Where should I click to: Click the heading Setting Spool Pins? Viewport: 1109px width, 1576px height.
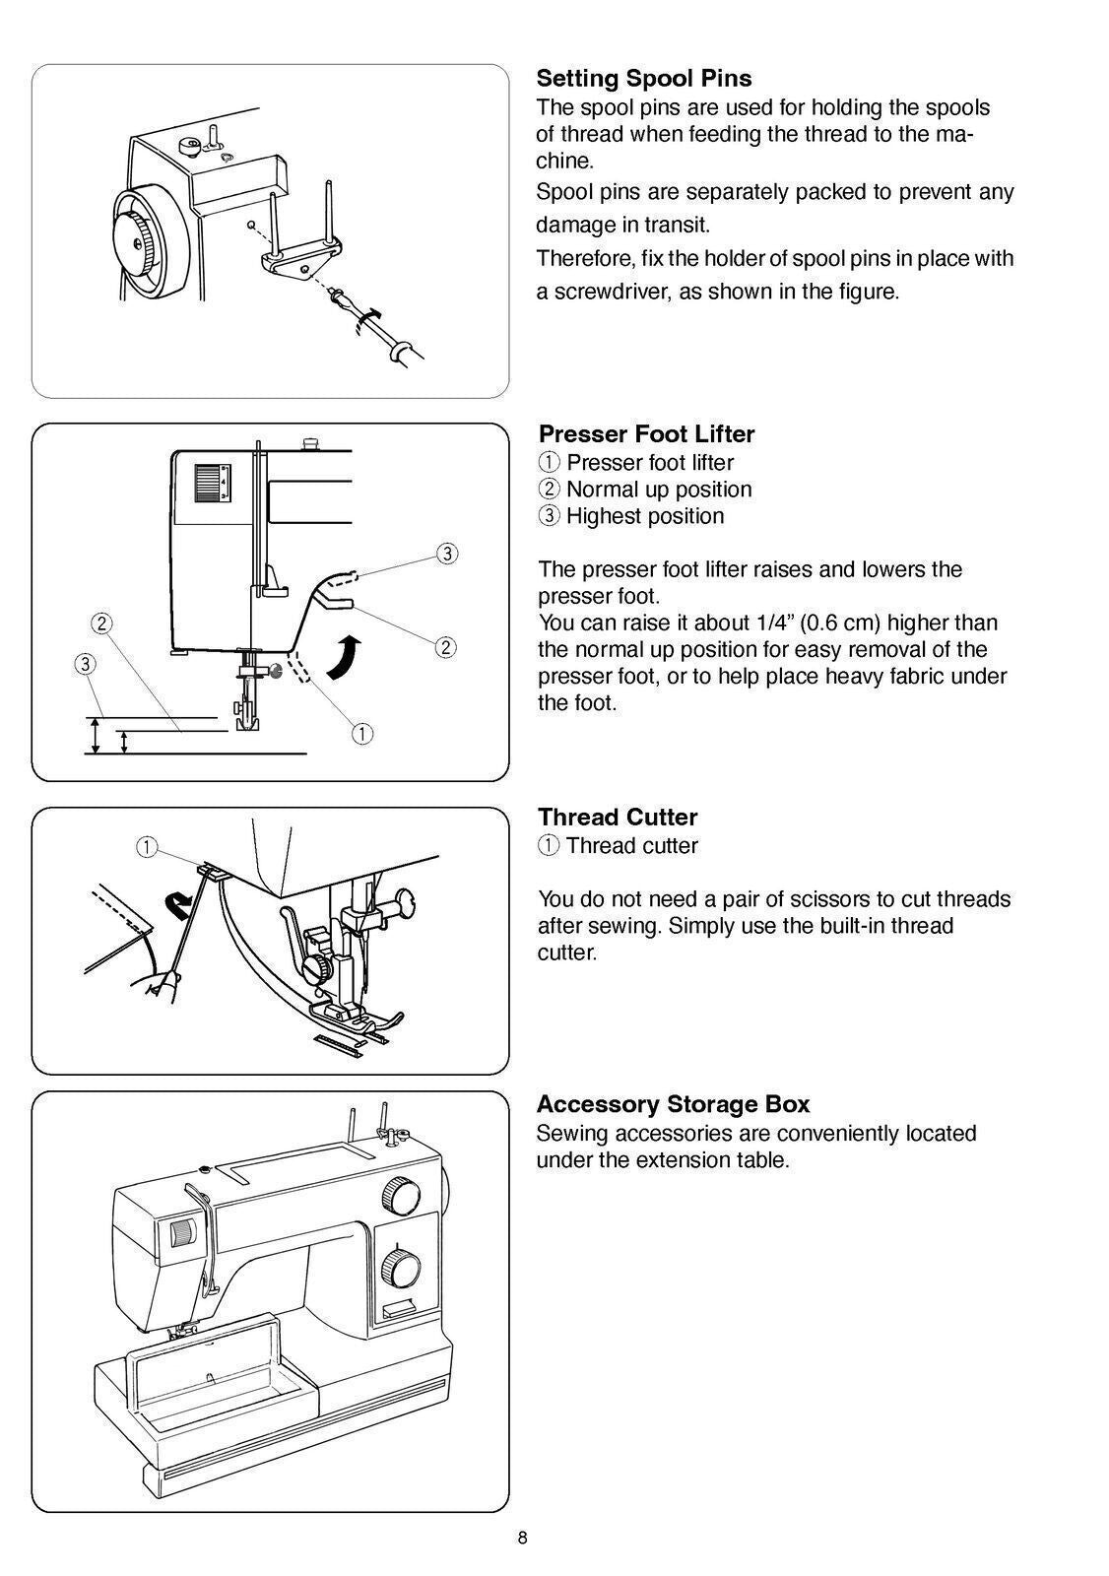[x=643, y=79]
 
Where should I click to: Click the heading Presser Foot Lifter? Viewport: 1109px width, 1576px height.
[x=646, y=434]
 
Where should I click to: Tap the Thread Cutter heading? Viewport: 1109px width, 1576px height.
[x=618, y=818]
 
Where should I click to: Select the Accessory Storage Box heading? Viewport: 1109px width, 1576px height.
[x=673, y=1104]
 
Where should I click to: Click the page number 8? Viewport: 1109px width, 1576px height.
[x=522, y=1539]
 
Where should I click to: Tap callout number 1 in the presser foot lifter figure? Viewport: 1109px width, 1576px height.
[x=362, y=733]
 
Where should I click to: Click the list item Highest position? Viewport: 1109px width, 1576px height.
[x=645, y=516]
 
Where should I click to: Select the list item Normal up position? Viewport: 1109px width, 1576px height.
[x=658, y=490]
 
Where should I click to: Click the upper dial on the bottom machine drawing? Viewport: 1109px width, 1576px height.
[x=399, y=1196]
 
